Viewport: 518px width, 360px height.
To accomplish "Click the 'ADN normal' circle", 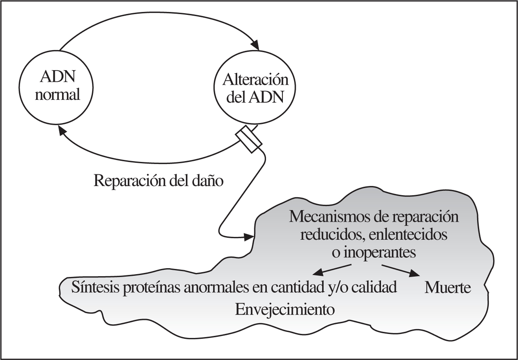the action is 57,86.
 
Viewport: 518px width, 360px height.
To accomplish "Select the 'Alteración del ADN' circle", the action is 255,88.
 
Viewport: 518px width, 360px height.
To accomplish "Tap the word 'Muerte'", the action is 448,288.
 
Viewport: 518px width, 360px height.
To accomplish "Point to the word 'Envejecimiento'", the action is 285,310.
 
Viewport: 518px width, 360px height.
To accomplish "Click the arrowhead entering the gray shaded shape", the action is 249,236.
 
